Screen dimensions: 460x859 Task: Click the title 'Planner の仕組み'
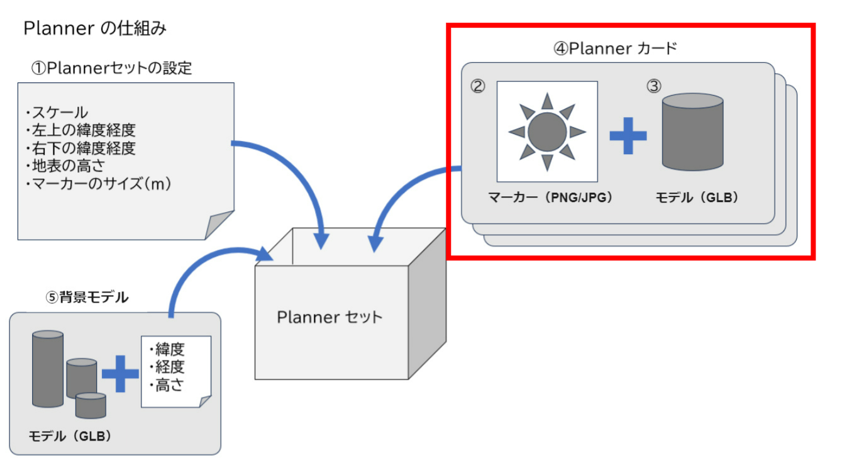pyautogui.click(x=94, y=29)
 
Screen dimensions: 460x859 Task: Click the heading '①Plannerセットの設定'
pyautogui.click(x=111, y=68)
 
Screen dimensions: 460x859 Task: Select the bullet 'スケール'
pyautogui.click(x=57, y=113)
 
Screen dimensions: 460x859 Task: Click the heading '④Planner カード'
pyautogui.click(x=614, y=49)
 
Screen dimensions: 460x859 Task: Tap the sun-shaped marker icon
pyautogui.click(x=547, y=131)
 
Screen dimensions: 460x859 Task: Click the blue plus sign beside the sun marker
pyautogui.click(x=628, y=133)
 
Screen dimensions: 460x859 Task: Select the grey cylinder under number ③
pyautogui.click(x=692, y=132)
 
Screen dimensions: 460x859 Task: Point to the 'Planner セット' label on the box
pyautogui.click(x=330, y=317)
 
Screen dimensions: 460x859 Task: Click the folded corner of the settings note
pyautogui.click(x=220, y=225)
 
